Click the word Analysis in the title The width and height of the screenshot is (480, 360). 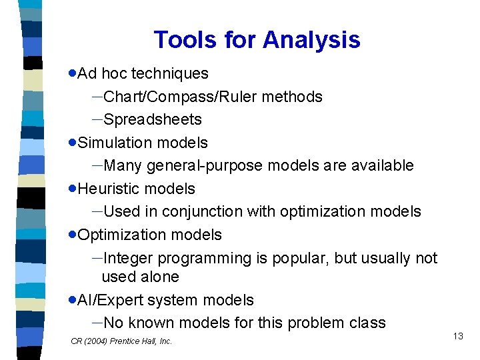coord(311,40)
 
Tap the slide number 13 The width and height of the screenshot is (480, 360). coord(457,336)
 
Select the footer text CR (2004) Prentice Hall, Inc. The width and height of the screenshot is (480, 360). coord(121,341)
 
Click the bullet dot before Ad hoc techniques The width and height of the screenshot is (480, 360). coord(73,74)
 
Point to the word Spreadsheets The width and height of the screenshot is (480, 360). coord(153,120)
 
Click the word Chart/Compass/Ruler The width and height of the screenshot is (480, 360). coord(180,97)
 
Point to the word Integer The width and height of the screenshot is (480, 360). coord(128,259)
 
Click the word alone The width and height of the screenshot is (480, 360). coord(159,277)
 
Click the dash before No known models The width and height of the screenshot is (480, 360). coord(97,323)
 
